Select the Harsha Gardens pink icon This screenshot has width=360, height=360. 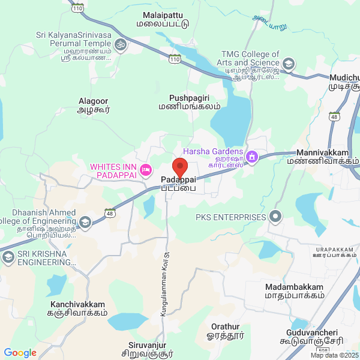(253, 157)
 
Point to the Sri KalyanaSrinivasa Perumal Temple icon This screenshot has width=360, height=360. (120, 44)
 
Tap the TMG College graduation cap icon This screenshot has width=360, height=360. (289, 63)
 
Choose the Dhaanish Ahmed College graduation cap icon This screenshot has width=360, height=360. (85, 223)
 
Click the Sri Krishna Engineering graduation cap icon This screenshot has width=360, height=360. (8, 257)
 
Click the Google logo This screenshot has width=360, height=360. (20, 353)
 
